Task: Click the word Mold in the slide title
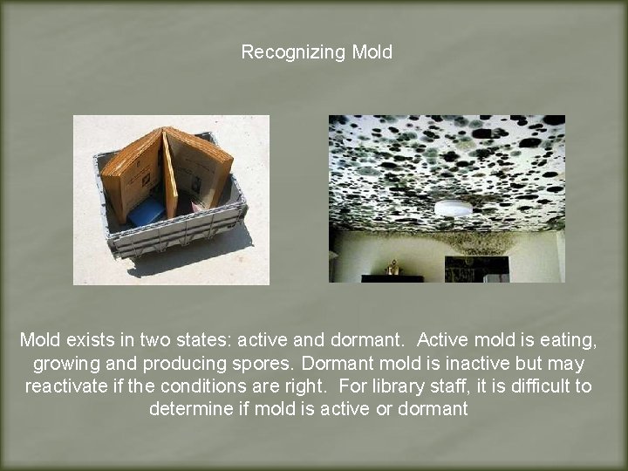(372, 52)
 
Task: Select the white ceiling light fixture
(453, 208)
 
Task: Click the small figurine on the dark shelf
(392, 268)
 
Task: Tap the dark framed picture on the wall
(476, 268)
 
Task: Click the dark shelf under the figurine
(392, 278)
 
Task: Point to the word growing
(64, 362)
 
